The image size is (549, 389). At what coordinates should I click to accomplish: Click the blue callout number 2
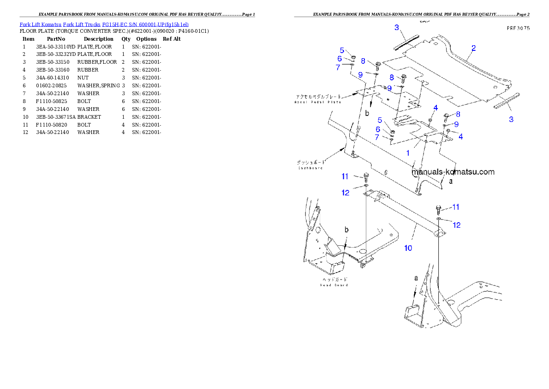473,48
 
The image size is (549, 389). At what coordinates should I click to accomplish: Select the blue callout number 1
407,152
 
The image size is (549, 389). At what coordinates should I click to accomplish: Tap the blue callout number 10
408,248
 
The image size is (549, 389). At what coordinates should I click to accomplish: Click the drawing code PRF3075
517,28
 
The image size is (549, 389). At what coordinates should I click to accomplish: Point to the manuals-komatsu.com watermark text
453,172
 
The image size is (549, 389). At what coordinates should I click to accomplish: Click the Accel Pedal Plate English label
317,102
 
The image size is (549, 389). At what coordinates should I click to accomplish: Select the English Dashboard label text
309,168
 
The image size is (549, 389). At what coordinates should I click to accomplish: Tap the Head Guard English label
334,285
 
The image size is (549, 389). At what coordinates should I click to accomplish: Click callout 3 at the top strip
396,28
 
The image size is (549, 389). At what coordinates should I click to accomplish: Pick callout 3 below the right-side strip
511,119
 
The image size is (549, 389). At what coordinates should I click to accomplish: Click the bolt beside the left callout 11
366,176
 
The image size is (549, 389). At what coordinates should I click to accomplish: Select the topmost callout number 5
342,50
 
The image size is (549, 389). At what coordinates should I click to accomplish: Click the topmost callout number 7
338,67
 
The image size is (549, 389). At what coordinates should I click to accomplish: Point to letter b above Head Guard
346,230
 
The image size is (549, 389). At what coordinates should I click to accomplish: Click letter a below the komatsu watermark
451,181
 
